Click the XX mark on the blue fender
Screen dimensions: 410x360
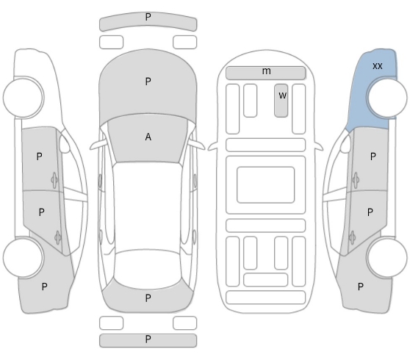378,66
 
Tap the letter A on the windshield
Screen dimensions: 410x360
148,137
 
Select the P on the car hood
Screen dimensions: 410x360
148,82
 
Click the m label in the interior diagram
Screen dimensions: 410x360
267,71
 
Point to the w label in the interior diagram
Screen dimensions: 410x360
282,96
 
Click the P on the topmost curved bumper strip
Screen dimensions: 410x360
148,17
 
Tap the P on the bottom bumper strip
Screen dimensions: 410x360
148,339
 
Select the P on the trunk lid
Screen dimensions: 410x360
148,298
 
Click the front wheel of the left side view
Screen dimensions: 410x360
24,97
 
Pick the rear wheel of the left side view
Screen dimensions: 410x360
23,257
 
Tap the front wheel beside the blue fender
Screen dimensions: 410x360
387,97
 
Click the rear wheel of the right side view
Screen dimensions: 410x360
387,257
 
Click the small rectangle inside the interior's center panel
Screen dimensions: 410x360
266,184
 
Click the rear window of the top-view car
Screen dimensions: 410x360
148,270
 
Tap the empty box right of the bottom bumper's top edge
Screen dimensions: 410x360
185,323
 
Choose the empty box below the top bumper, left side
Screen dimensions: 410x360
111,42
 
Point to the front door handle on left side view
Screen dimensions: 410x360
54,180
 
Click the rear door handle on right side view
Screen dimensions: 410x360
352,238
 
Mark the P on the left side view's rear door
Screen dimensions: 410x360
41,212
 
